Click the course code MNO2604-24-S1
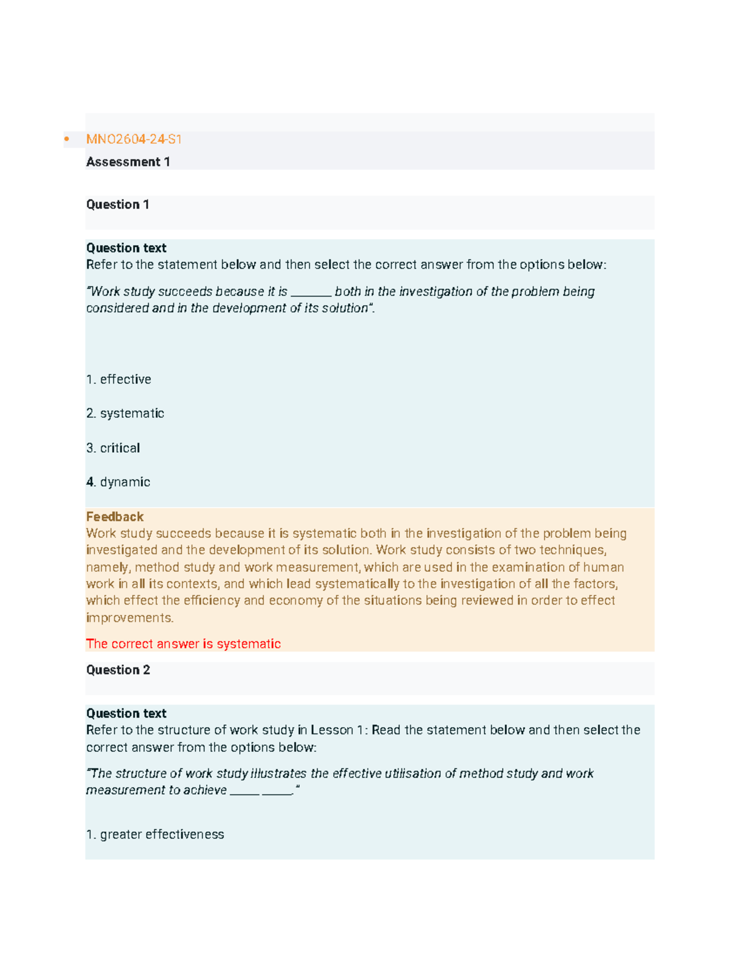pyautogui.click(x=134, y=139)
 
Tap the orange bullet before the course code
pyautogui.click(x=67, y=139)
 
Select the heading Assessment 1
pyautogui.click(x=128, y=162)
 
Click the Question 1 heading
pyautogui.click(x=117, y=205)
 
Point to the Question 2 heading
pyautogui.click(x=118, y=670)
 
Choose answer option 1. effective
pyautogui.click(x=119, y=380)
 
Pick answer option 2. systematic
pyautogui.click(x=125, y=413)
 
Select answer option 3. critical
pyautogui.click(x=113, y=448)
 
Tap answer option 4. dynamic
pyautogui.click(x=118, y=482)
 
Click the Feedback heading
pyautogui.click(x=115, y=516)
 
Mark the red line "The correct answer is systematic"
pyautogui.click(x=183, y=644)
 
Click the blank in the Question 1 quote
pyautogui.click(x=311, y=293)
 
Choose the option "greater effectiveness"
pyautogui.click(x=155, y=834)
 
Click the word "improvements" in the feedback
pyautogui.click(x=129, y=617)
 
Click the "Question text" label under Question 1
pyautogui.click(x=126, y=248)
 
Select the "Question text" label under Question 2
pyautogui.click(x=126, y=713)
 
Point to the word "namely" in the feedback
pyautogui.click(x=107, y=568)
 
